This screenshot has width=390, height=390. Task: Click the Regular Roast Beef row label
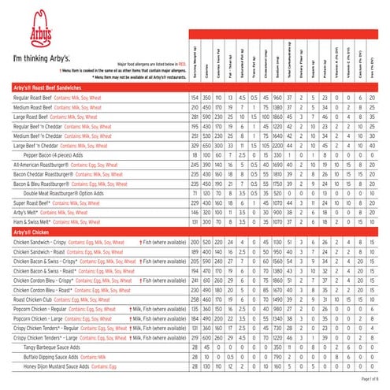[32, 97]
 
